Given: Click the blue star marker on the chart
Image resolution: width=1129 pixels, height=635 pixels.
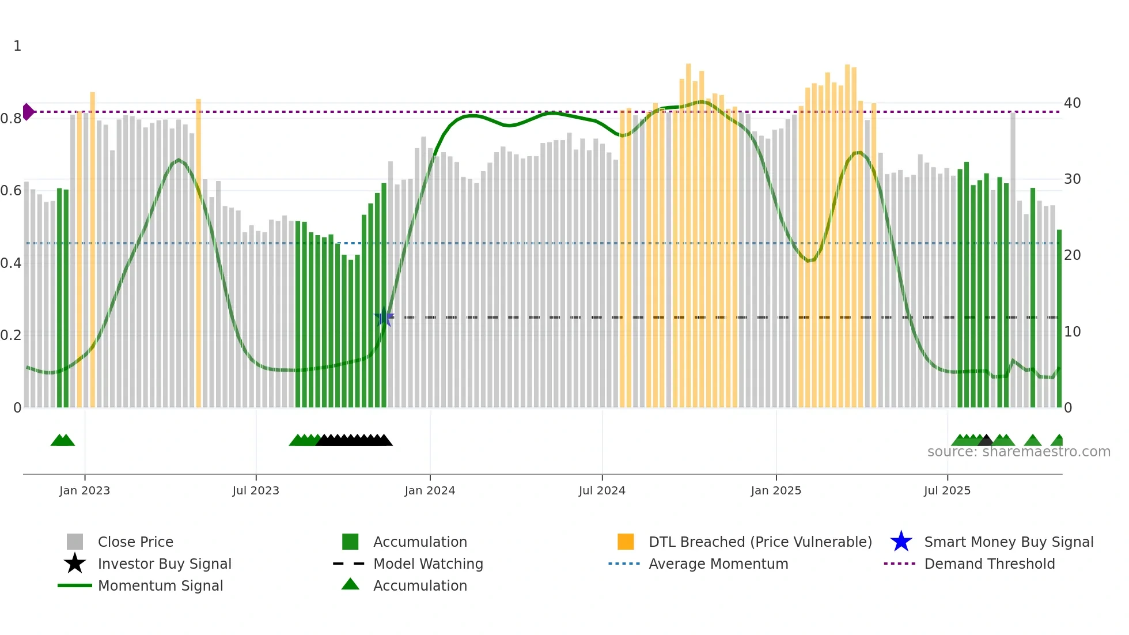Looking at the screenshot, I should click(x=384, y=317).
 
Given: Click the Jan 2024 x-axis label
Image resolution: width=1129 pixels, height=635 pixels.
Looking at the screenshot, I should click(x=430, y=490).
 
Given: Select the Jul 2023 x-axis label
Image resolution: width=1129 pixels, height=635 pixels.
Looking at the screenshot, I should click(x=256, y=490).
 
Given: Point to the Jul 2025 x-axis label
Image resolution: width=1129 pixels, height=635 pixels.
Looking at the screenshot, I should click(x=947, y=490).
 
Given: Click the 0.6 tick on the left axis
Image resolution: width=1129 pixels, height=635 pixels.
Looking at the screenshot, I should click(x=10, y=191).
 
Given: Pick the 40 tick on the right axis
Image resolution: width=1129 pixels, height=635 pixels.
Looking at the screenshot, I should click(x=1072, y=103).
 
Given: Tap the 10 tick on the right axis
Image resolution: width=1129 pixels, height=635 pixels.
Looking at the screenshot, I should click(x=1072, y=332).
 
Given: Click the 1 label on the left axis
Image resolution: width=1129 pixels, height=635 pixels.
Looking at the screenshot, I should click(x=17, y=46).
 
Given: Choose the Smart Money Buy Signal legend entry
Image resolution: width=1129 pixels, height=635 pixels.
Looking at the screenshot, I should click(x=1008, y=542).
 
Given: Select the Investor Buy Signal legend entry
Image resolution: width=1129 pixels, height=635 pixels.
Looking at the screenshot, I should click(x=164, y=564).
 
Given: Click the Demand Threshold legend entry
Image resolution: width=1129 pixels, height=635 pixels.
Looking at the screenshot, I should click(x=989, y=564).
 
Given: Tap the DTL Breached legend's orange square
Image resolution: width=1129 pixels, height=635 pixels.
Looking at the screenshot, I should click(x=626, y=542).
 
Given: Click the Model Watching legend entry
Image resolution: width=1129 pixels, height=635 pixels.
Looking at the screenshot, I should click(x=428, y=564).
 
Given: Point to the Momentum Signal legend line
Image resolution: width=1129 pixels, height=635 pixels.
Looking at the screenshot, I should click(x=75, y=585).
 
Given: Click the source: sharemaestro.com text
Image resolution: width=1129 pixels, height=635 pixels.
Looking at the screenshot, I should click(x=1018, y=452).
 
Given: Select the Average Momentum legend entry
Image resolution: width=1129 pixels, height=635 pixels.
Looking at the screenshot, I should click(x=718, y=564).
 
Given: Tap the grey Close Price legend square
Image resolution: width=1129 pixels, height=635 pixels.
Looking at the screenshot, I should click(x=75, y=542).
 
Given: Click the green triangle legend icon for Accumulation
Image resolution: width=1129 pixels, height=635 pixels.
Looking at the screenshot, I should click(x=350, y=584).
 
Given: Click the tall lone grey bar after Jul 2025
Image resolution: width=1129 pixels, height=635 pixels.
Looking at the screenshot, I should click(x=1013, y=259).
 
